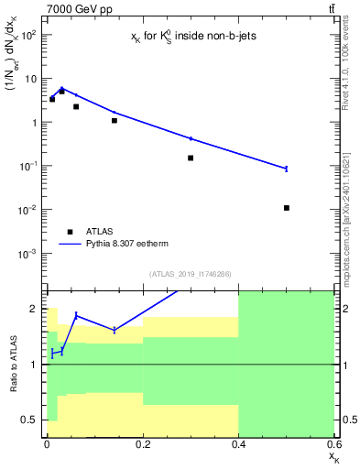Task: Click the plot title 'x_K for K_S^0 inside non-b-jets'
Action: [x=189, y=36]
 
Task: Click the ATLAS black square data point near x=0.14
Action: [x=115, y=120]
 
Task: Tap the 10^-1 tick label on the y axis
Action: [x=27, y=166]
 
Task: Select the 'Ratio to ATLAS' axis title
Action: [x=13, y=365]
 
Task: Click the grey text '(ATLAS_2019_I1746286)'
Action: [x=190, y=274]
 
